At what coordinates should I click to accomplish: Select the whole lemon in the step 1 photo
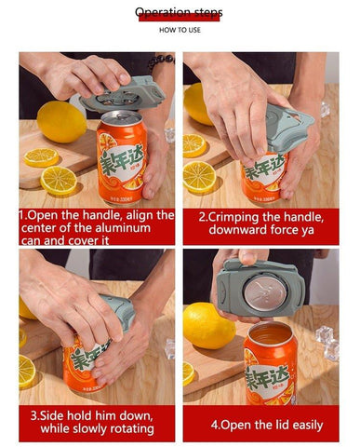(62, 122)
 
